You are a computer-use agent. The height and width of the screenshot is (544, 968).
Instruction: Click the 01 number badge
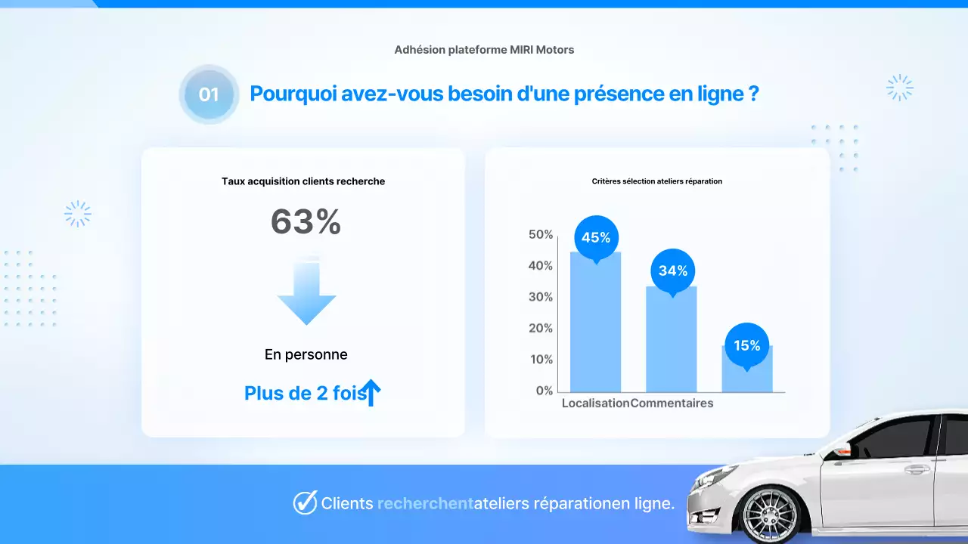coord(209,94)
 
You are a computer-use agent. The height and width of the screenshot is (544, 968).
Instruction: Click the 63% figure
coord(306,222)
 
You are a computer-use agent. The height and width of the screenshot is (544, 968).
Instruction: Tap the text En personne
coord(306,354)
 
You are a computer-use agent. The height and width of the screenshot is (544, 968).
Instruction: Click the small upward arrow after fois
coord(371,393)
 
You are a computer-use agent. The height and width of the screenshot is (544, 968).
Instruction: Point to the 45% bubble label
coord(596,238)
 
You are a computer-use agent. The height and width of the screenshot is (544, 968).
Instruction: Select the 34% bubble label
coord(672,270)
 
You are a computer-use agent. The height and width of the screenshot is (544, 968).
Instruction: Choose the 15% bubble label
coord(746,345)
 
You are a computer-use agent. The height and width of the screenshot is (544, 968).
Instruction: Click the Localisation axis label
coord(595,403)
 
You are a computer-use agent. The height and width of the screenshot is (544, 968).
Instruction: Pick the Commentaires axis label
coord(672,403)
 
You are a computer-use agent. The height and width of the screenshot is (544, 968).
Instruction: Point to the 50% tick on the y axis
coord(541,235)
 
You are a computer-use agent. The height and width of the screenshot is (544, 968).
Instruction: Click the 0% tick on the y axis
coord(544,391)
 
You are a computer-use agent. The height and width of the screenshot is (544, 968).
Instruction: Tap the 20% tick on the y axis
coord(541,328)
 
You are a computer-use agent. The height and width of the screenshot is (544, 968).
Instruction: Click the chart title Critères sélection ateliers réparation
coord(656,181)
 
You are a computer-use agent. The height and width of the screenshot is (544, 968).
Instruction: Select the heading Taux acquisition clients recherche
coord(303,181)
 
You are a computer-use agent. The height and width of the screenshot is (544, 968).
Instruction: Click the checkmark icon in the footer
coord(305,502)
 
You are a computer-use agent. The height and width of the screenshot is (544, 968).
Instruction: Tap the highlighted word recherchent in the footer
coord(425,503)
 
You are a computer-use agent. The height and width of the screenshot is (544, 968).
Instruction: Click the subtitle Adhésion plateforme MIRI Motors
coord(484,50)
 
